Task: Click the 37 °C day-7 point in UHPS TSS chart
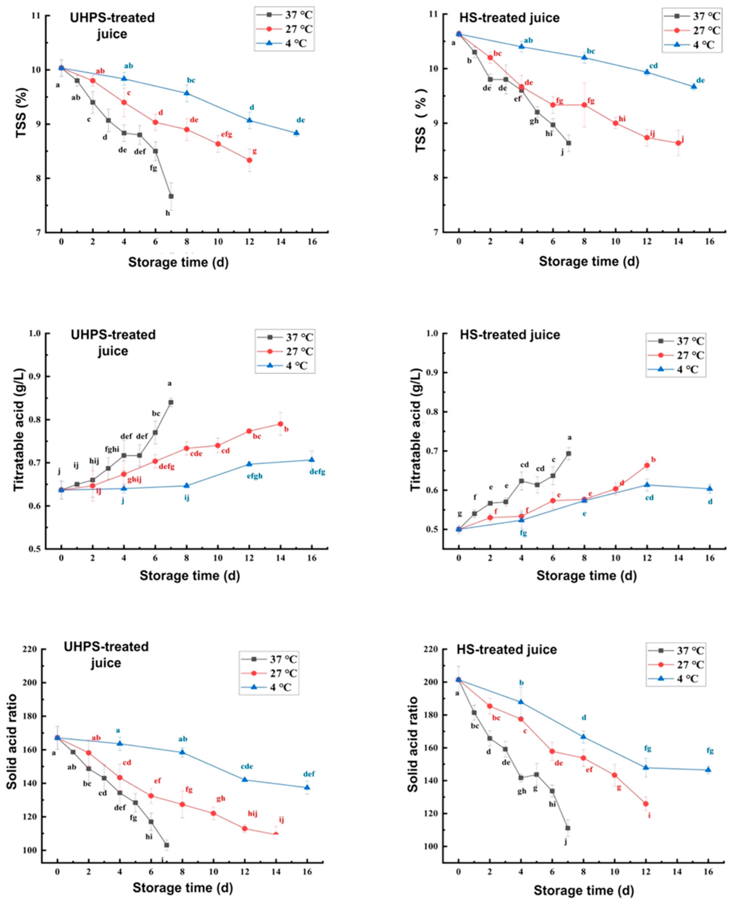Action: tap(171, 196)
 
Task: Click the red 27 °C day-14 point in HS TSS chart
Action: tap(678, 143)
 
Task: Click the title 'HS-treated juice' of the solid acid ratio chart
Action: tap(507, 649)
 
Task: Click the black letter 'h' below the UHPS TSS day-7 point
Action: tap(168, 213)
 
